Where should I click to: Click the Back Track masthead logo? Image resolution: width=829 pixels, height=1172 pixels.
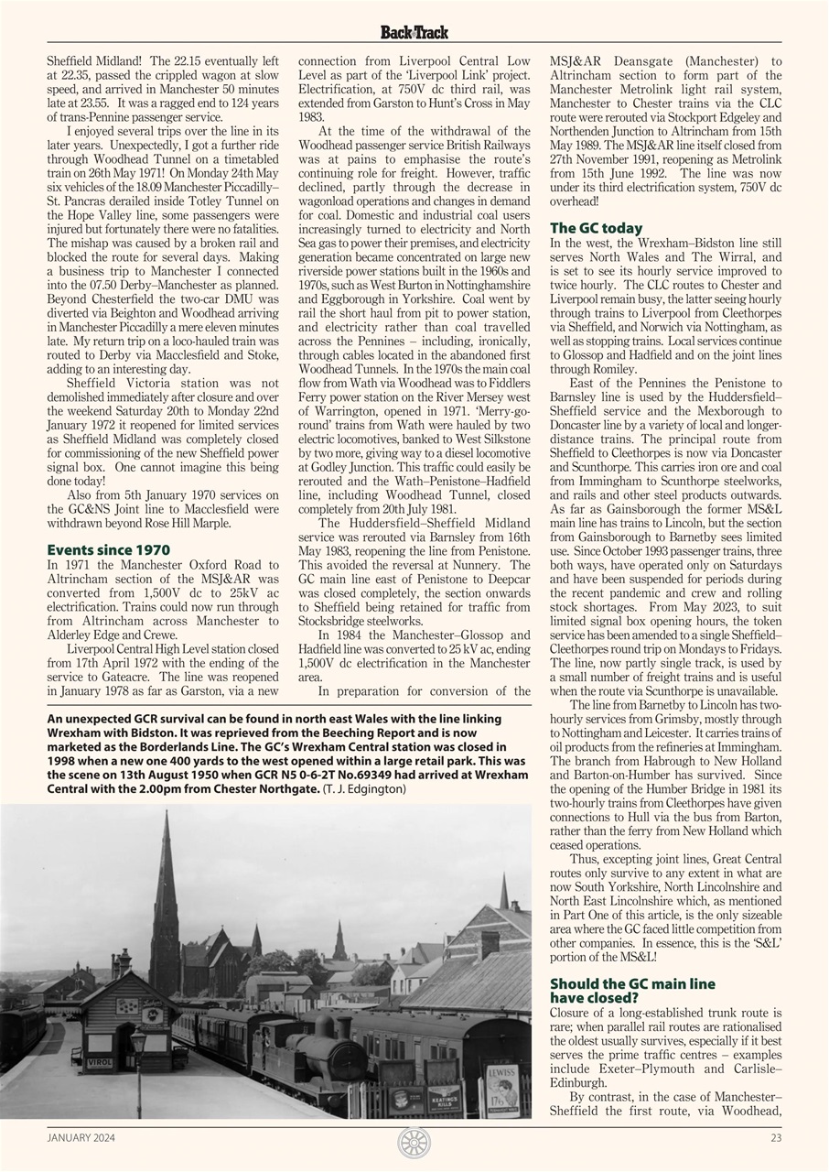point(414,32)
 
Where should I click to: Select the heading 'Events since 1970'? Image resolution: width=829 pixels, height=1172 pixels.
point(108,550)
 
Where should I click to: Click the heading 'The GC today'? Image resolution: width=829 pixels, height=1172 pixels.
point(596,228)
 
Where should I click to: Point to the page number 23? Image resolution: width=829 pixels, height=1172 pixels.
point(776,1139)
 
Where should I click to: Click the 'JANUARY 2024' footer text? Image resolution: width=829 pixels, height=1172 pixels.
point(81,1139)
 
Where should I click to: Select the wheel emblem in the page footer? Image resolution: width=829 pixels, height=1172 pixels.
point(414,1142)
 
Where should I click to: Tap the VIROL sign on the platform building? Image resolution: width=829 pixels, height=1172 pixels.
point(100,1063)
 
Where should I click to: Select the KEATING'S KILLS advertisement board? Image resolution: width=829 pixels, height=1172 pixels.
point(445,1098)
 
